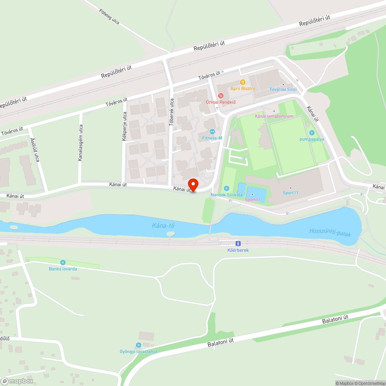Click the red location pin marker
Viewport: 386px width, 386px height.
193,185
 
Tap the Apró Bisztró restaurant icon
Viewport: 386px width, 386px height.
243,82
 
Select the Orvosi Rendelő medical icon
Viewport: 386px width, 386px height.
221,95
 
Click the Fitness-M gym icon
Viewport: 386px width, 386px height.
212,132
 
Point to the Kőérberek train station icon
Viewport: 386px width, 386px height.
238,244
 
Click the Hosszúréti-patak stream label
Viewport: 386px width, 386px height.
330,232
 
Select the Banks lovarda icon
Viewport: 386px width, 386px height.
63,262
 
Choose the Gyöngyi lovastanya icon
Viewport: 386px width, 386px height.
138,345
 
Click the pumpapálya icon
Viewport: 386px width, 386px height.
312,133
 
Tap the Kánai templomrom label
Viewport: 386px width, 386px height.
274,116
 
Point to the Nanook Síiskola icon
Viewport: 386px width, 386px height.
227,188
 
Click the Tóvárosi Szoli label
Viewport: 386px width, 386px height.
283,90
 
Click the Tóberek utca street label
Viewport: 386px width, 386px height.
172,112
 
